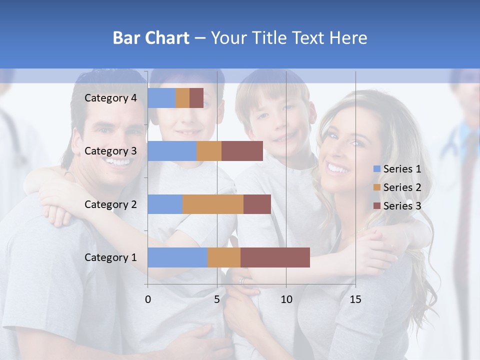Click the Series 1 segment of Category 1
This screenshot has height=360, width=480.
coord(177,257)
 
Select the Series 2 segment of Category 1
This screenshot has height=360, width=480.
coord(224,257)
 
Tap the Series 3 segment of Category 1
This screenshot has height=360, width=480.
coord(275,257)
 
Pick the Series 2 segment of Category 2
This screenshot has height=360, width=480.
coord(213,204)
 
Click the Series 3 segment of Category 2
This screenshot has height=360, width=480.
coord(257,204)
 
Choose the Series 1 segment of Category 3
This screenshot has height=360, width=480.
coord(172,151)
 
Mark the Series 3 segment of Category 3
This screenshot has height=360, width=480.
coord(242,151)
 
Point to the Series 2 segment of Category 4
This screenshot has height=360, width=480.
coord(182,98)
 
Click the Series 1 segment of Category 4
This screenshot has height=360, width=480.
coord(161,98)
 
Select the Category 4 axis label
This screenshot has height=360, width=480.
coord(110,98)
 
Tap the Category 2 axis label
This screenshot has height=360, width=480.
coord(110,204)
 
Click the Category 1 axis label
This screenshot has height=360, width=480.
coord(110,257)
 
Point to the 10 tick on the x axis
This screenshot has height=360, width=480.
coord(286,299)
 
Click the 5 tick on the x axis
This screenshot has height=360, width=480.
coord(217,299)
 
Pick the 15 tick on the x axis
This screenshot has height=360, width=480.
coord(355,299)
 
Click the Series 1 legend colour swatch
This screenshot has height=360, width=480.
coord(377,169)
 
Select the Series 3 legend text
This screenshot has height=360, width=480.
coord(402,205)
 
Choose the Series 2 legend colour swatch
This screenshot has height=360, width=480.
coord(377,187)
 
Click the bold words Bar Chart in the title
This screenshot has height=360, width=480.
coord(151,38)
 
